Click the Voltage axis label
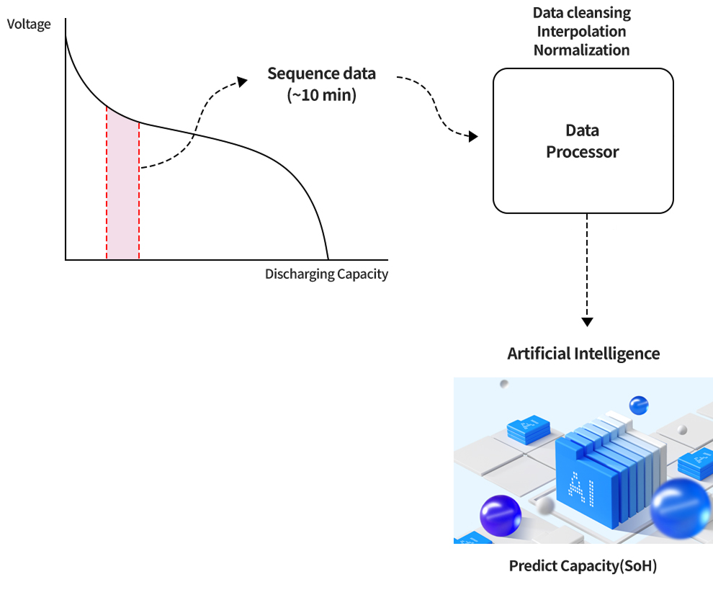[x=29, y=24]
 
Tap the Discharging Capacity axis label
[x=326, y=274]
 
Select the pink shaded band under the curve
[x=122, y=194]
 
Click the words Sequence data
[x=321, y=73]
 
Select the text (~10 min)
[x=321, y=94]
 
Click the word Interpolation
[x=581, y=32]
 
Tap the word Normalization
[x=581, y=50]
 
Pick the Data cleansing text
[x=581, y=13]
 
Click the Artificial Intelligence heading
[x=583, y=354]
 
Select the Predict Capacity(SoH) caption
[x=583, y=566]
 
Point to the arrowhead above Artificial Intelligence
[x=588, y=321]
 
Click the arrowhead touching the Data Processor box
[x=472, y=136]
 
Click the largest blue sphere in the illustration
[x=680, y=508]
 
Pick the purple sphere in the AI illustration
[x=500, y=516]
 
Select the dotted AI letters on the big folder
[x=578, y=487]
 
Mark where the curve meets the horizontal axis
[x=328, y=259]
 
